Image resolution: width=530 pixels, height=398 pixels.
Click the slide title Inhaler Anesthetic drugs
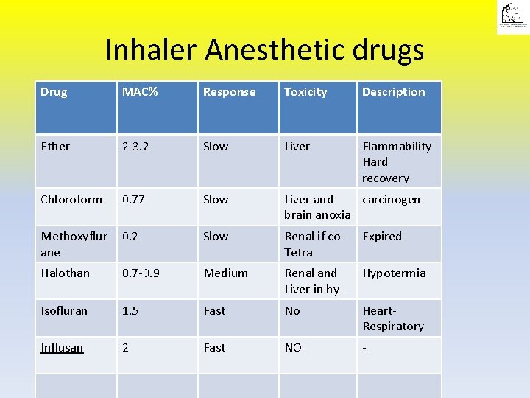tap(264, 50)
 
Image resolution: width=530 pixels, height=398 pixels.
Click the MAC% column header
tap(139, 92)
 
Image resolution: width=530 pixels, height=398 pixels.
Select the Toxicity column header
tap(305, 92)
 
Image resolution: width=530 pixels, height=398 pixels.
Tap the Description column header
tap(393, 92)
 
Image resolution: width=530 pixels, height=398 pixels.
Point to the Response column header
tap(229, 92)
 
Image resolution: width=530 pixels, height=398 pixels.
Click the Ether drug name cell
tap(56, 147)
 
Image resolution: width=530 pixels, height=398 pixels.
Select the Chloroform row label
tap(71, 200)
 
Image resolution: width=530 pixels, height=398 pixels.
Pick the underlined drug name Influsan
tap(63, 348)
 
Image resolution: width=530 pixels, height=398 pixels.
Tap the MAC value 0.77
tap(132, 200)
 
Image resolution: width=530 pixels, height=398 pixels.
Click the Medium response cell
tap(225, 273)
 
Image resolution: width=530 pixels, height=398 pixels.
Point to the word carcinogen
tap(391, 200)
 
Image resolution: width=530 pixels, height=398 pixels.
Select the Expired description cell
tap(382, 237)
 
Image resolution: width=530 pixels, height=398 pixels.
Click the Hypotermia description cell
tap(394, 273)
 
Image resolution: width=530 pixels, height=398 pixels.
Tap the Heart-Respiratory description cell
tap(393, 318)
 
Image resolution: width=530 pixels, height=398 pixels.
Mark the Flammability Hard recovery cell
tap(396, 162)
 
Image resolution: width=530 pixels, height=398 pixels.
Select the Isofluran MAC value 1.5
tap(130, 311)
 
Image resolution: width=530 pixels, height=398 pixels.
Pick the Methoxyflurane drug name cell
tap(74, 244)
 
